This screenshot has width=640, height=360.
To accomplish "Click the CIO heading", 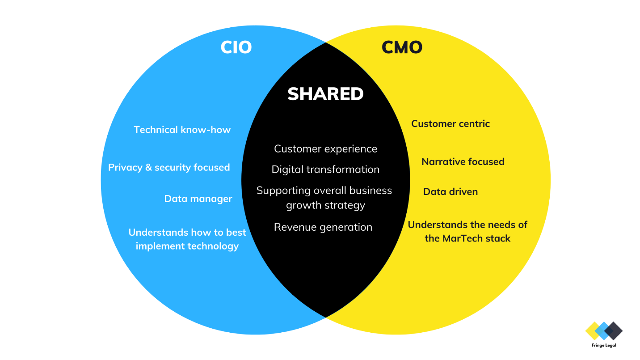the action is click(x=236, y=47).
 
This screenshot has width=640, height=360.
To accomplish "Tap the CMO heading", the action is click(x=402, y=47).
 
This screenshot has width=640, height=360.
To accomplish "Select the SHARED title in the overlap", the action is click(x=325, y=94).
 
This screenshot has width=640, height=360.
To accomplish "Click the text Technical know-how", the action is click(x=182, y=130).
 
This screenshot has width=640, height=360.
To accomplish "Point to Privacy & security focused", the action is click(x=169, y=167).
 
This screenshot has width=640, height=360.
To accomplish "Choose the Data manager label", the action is click(x=198, y=199).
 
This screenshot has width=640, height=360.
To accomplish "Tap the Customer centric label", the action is click(x=451, y=124).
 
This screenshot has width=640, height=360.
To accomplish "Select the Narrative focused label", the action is click(x=463, y=162).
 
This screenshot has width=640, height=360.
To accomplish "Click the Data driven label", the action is click(x=451, y=191).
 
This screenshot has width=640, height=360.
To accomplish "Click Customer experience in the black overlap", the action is click(x=325, y=149).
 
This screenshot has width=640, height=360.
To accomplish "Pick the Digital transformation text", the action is click(x=325, y=169).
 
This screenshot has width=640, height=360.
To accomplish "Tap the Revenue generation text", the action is click(x=323, y=227).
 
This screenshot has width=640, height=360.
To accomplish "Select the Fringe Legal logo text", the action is click(x=604, y=345).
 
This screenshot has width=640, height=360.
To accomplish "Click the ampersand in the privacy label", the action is click(x=148, y=168).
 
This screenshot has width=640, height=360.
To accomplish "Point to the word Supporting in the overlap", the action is click(x=283, y=191).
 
